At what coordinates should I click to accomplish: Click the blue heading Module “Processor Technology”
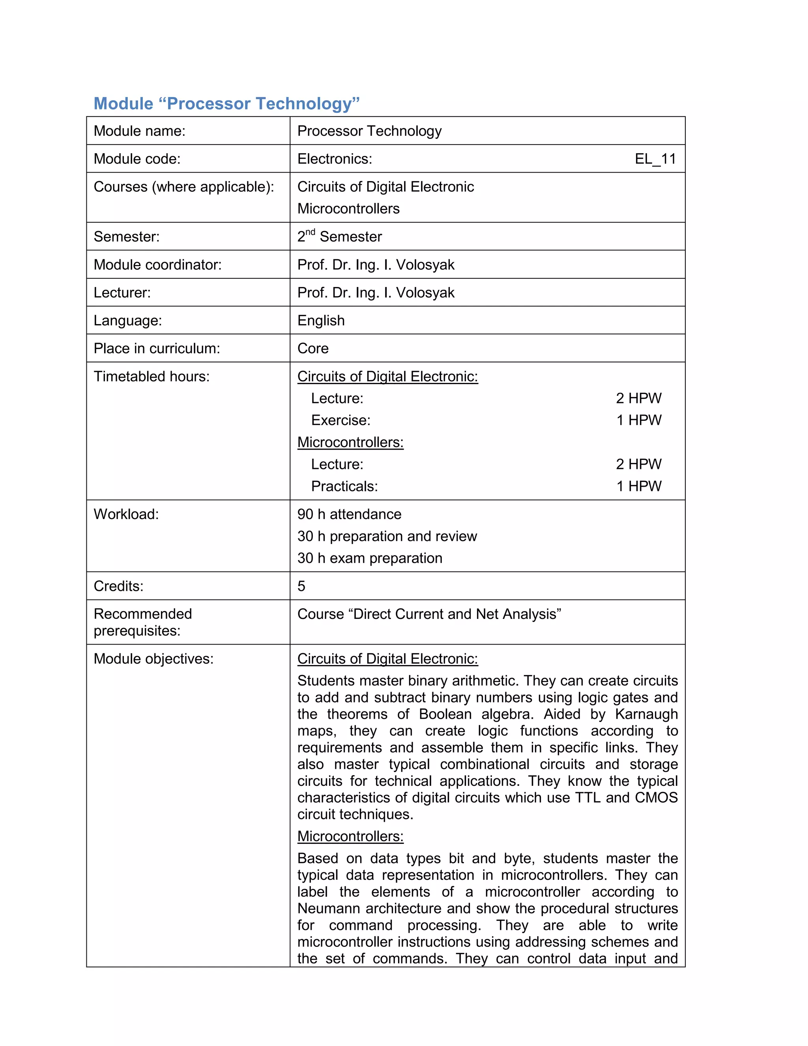(226, 103)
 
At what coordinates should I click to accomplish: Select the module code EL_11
(655, 159)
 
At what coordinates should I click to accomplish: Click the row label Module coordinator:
(157, 265)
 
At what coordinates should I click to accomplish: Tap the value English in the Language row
(321, 321)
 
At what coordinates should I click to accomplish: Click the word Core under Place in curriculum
(312, 348)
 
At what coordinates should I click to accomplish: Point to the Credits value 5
(301, 586)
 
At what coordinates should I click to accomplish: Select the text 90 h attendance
(349, 514)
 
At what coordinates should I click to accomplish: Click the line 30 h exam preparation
(370, 559)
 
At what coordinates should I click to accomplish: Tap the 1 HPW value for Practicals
(639, 487)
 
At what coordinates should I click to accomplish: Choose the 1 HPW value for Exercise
(639, 420)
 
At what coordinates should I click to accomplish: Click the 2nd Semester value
(339, 236)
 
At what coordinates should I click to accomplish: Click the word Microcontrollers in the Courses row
(348, 209)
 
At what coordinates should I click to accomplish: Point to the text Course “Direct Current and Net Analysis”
(429, 615)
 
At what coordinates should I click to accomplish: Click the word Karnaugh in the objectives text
(646, 714)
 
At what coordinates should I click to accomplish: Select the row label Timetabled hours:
(151, 377)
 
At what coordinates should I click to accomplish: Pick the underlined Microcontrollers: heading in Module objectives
(350, 836)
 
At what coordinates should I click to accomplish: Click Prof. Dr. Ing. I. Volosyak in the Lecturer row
(375, 292)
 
